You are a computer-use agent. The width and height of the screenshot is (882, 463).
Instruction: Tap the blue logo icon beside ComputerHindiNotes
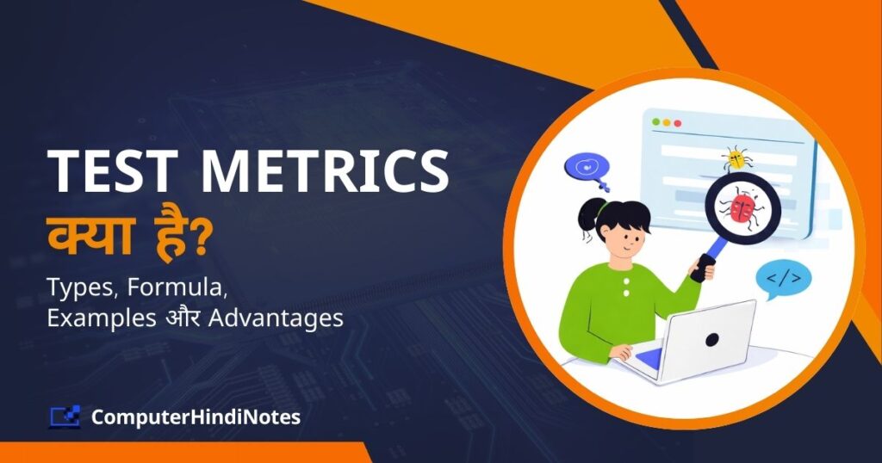pos(65,417)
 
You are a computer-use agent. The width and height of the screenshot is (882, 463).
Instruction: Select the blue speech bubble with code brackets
pos(782,279)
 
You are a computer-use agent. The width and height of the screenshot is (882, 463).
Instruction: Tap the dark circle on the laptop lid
pos(711,339)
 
